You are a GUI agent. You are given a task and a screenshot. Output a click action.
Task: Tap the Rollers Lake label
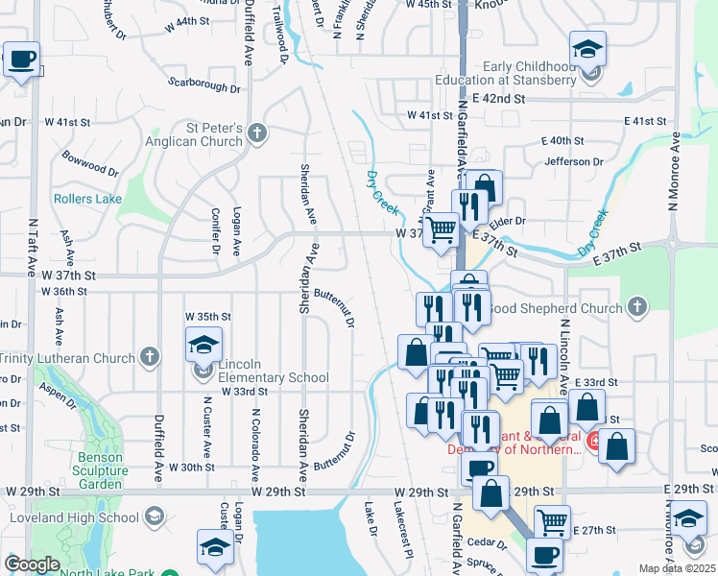87,199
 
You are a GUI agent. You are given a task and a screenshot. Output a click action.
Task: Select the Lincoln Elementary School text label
274,371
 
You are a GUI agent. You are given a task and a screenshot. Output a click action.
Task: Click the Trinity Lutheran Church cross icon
148,358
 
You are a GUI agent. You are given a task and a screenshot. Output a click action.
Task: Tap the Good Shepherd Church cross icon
637,307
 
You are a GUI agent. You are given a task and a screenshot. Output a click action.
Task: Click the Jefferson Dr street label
572,161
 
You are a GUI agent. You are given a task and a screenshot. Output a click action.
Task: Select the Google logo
31,564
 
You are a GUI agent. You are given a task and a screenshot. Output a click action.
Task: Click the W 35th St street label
208,316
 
